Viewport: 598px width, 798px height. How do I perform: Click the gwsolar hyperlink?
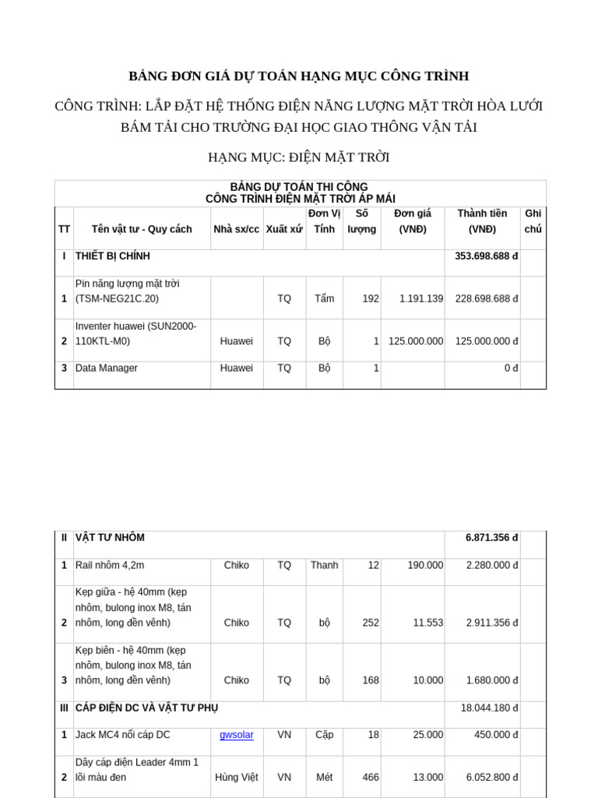pos(236,734)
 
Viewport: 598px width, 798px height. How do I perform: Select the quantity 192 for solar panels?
pos(371,298)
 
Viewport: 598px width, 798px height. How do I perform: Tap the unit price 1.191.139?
pos(420,298)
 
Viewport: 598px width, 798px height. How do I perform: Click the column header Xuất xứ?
pos(284,229)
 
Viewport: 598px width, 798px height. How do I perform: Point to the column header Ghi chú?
pos(533,221)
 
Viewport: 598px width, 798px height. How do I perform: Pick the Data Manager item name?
pos(107,368)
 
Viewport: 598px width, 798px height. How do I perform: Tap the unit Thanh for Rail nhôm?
pos(324,565)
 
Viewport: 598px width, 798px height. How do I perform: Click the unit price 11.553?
pos(427,623)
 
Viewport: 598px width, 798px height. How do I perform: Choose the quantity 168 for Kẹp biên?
pos(371,680)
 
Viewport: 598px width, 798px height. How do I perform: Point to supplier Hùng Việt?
pos(237,777)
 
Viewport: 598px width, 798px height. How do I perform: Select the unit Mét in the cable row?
pos(324,777)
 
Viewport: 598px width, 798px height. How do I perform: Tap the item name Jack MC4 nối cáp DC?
pos(122,734)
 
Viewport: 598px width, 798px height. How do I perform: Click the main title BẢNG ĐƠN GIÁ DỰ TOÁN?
pos(299,76)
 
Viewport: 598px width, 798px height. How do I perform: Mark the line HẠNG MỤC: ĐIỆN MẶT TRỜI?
pos(299,157)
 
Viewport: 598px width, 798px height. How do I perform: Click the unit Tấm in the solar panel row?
pos(324,298)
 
